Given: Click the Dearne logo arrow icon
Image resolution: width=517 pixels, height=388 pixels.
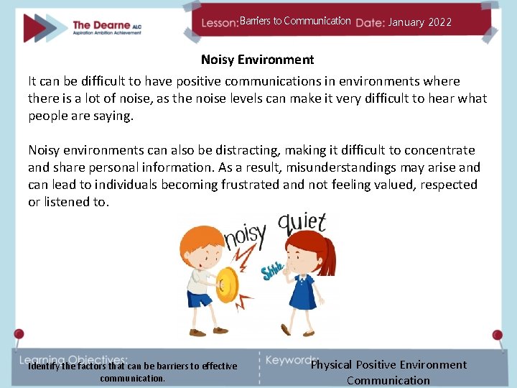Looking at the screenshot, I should (x=45, y=27).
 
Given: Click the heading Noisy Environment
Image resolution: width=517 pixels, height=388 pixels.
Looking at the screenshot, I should (x=257, y=60).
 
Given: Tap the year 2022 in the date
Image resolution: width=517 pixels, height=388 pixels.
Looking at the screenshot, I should (x=439, y=22).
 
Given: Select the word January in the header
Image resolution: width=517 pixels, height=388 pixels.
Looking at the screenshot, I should (x=406, y=22).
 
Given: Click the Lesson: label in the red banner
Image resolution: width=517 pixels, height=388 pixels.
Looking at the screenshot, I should (x=220, y=23).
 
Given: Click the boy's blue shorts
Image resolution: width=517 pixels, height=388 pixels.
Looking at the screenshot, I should (x=200, y=297).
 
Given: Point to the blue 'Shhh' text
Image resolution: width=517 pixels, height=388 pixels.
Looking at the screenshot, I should (x=271, y=272).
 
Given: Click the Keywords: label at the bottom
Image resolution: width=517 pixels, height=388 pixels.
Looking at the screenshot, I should (x=292, y=360).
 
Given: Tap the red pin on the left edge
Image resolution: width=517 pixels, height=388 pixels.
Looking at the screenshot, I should (x=19, y=334).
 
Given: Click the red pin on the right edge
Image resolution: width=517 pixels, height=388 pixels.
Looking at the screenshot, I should (x=497, y=335).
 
